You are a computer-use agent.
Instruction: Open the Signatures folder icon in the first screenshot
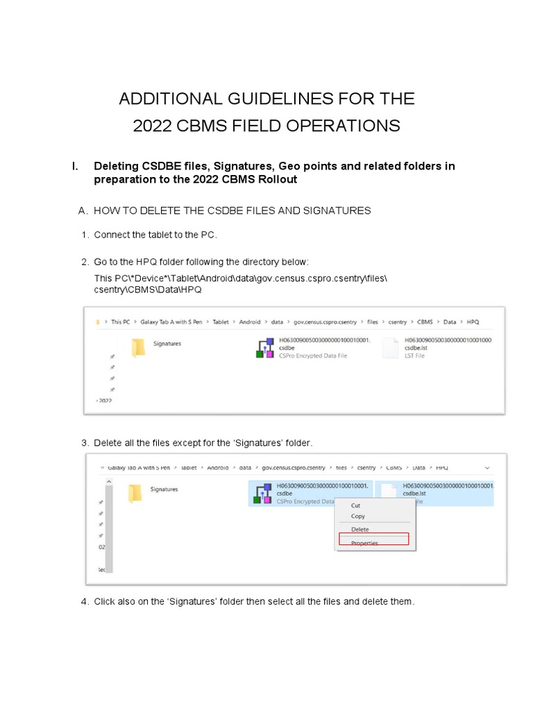coord(138,347)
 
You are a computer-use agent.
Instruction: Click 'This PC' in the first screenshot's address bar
coord(121,322)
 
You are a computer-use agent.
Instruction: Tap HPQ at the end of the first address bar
coord(473,322)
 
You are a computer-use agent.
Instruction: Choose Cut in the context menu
coord(356,505)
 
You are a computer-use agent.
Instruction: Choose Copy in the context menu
coord(358,517)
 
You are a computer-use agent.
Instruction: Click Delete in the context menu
coord(360,529)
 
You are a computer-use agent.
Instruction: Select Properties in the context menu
coord(364,543)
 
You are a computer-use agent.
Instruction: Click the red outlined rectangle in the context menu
coord(373,539)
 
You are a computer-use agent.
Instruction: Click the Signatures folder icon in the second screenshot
coord(135,493)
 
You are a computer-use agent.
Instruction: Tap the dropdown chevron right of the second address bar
coord(487,468)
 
